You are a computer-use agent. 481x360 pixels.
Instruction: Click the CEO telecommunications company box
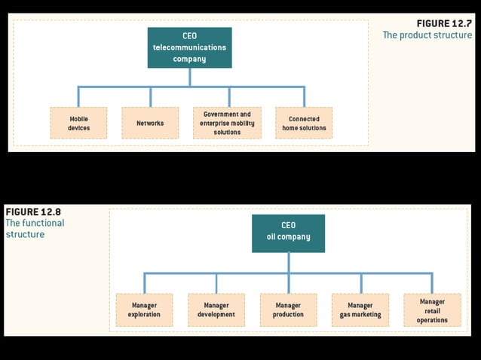(189, 47)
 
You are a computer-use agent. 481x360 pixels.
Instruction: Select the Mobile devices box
(78, 123)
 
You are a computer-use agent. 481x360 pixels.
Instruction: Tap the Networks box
(150, 123)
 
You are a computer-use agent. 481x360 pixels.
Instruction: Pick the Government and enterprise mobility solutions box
(227, 123)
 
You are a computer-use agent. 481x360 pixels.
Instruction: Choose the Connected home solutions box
(304, 123)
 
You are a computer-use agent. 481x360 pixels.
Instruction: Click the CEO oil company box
(288, 232)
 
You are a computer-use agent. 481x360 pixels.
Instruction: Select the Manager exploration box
(144, 310)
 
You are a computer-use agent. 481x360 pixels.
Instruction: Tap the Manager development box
(216, 310)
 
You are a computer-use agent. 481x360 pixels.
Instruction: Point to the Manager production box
(288, 310)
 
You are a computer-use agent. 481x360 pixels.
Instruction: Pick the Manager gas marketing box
(360, 310)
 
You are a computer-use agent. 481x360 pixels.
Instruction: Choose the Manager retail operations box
(432, 310)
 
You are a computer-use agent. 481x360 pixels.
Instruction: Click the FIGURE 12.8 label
(33, 211)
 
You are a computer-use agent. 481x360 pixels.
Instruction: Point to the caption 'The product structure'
(427, 35)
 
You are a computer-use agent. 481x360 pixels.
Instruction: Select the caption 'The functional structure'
(35, 229)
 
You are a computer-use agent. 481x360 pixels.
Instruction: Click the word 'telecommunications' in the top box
(189, 47)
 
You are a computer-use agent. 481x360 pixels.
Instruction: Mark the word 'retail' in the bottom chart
(432, 310)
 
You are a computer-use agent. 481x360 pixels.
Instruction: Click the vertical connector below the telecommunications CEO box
(189, 77)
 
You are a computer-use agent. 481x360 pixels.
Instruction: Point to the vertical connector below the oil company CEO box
(288, 262)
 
